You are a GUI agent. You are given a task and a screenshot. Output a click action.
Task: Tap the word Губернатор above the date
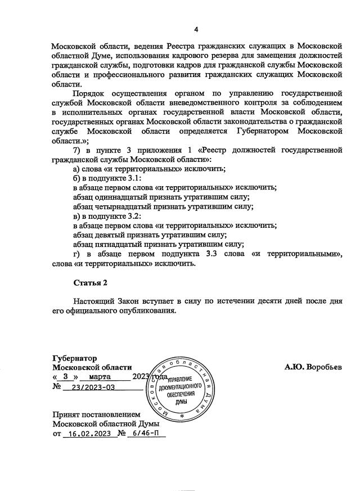point(74,358)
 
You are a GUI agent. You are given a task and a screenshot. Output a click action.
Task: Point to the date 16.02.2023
point(88,434)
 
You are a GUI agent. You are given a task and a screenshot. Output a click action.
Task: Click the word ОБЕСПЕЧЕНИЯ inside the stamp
point(181,395)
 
